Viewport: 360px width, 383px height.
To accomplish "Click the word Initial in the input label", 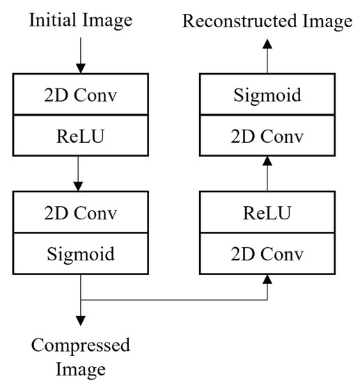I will click(x=52, y=22).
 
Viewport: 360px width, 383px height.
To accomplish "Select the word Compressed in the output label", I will click(x=80, y=345).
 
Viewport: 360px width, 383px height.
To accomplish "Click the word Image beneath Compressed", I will click(x=80, y=368).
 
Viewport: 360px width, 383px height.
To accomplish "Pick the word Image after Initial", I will click(x=106, y=22).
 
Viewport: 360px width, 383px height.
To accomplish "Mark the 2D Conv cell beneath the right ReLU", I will click(x=267, y=254).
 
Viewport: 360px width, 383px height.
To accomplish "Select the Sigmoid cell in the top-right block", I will click(x=267, y=95).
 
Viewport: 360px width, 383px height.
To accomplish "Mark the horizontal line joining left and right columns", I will click(x=174, y=300).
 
